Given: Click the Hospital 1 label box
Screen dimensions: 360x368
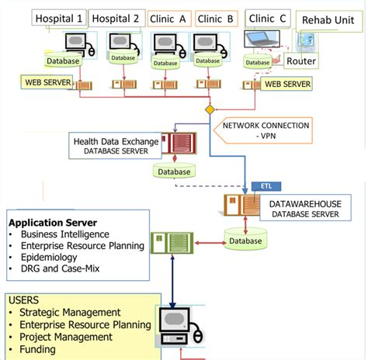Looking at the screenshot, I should (58, 19).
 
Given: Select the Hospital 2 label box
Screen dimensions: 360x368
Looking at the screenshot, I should (115, 19).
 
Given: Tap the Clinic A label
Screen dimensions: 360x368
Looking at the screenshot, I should (171, 19).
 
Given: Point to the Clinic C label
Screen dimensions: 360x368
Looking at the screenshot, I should (267, 18).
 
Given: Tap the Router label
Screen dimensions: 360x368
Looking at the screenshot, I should (300, 61).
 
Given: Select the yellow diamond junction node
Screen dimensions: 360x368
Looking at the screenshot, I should (210, 110).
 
